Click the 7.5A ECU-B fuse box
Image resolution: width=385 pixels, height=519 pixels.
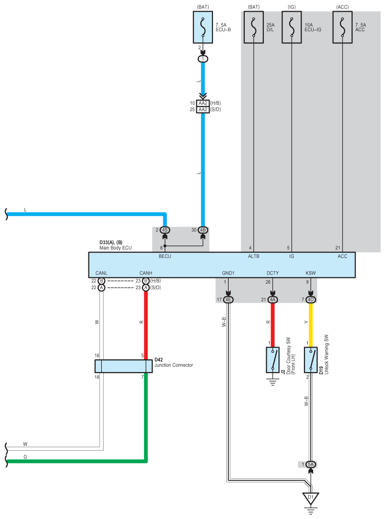click(203, 27)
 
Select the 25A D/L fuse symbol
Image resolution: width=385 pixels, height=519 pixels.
click(254, 27)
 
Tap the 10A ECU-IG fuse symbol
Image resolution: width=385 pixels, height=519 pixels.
click(292, 27)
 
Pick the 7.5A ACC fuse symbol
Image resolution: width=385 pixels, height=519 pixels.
click(342, 27)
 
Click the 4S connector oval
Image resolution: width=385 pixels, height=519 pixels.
click(165, 229)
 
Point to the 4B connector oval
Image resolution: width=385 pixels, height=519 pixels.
click(203, 229)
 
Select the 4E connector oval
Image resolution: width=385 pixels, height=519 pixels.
click(228, 300)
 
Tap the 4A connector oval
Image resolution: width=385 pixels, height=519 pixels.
click(272, 300)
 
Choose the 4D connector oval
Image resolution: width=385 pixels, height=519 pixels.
click(310, 300)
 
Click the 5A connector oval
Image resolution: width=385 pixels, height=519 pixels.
click(310, 464)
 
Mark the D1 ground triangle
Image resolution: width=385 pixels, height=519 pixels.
click(310, 498)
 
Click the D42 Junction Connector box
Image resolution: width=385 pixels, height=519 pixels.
click(124, 366)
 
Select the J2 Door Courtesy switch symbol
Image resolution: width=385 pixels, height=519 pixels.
click(272, 360)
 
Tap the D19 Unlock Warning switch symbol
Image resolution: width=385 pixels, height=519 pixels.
click(310, 360)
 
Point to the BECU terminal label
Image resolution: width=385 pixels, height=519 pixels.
click(165, 256)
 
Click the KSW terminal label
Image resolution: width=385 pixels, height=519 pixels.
click(310, 273)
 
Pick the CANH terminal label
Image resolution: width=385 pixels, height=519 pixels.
click(146, 273)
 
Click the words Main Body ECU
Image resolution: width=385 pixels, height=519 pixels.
click(115, 248)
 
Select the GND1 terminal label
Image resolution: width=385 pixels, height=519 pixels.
click(228, 273)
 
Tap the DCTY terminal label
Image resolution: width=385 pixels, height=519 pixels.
click(272, 273)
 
